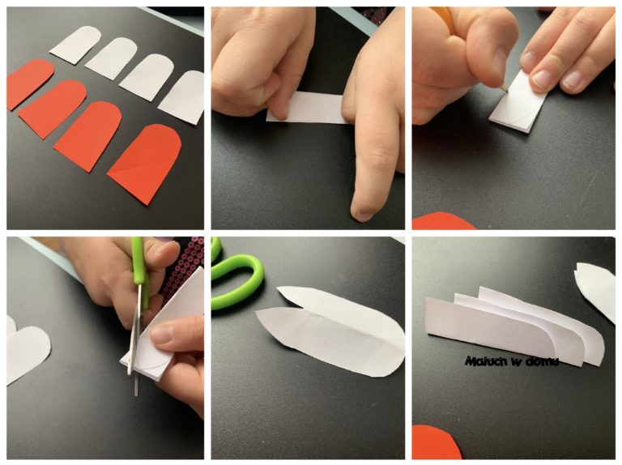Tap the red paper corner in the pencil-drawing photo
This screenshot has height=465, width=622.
point(444,221)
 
